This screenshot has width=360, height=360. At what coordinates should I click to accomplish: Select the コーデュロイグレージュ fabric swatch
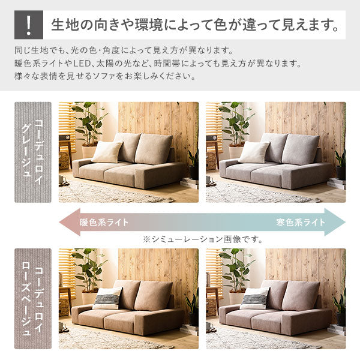point(33,152)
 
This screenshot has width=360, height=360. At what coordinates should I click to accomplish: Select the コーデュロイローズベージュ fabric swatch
point(33,298)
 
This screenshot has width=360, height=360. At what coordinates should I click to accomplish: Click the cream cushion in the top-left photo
point(107,151)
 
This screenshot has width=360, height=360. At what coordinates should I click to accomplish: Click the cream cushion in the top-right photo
point(254,151)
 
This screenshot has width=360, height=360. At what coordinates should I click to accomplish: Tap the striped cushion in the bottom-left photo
point(108,298)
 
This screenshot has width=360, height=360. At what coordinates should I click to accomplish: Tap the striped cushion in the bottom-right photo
point(255,298)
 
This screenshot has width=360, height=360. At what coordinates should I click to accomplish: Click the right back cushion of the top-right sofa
point(300,149)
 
